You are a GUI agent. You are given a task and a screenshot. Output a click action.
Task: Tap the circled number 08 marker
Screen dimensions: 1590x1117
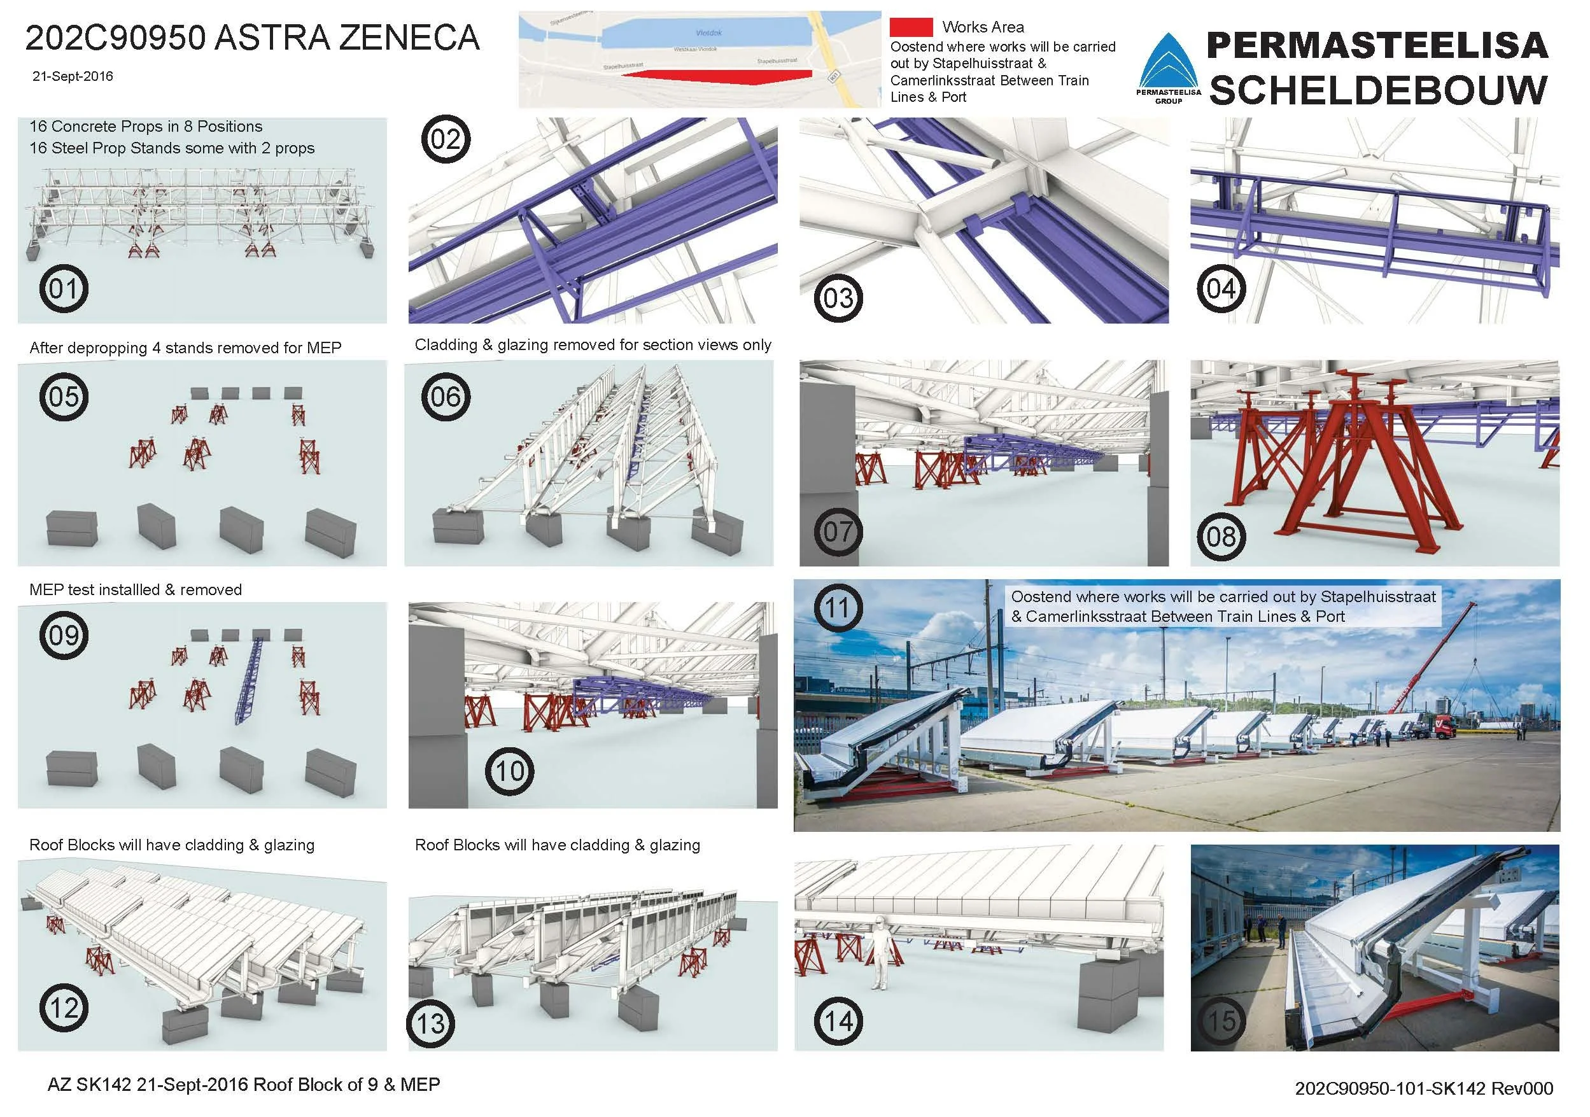(1221, 536)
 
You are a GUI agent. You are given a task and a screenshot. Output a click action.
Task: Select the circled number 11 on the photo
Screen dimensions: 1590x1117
(837, 608)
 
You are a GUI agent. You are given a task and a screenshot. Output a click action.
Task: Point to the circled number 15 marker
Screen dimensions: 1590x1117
(1221, 1020)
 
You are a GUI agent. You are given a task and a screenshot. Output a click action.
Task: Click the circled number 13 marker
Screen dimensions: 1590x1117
(432, 1023)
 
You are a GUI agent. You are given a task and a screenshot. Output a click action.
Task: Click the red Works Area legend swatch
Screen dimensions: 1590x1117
(911, 27)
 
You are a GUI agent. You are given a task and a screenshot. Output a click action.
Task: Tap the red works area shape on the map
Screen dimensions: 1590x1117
(700, 76)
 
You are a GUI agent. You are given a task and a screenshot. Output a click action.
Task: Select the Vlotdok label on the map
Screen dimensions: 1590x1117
(709, 33)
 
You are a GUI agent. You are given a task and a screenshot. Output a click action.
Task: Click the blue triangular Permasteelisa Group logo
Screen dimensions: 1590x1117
(1168, 66)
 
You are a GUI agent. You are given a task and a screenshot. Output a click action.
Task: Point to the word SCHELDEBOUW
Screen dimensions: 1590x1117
(1378, 90)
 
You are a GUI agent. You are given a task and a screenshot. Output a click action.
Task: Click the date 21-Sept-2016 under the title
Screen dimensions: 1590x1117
(73, 76)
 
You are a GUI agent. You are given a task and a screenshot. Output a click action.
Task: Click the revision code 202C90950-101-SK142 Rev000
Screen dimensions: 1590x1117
(1424, 1088)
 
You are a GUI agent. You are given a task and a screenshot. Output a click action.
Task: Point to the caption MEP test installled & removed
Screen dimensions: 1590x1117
(135, 589)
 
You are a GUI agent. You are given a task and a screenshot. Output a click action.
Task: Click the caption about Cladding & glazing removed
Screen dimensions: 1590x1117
(592, 345)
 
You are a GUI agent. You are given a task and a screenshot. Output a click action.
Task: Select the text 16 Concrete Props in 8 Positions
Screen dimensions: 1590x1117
(145, 127)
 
